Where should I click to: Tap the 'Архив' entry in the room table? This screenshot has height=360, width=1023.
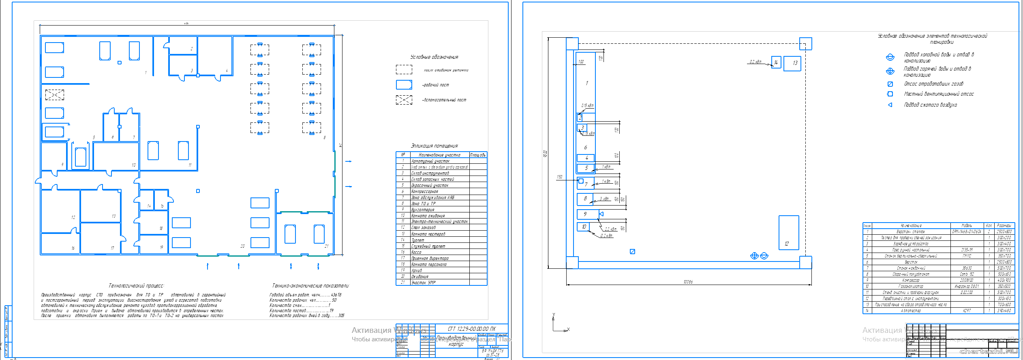pyautogui.click(x=417, y=270)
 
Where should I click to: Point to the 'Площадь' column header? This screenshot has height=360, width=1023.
pyautogui.click(x=478, y=155)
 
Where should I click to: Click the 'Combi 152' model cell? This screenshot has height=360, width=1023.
pyautogui.click(x=967, y=274)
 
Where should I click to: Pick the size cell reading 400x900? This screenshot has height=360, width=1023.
pyautogui.click(x=1004, y=281)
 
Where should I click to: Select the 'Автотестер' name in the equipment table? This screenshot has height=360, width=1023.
pyautogui.click(x=911, y=311)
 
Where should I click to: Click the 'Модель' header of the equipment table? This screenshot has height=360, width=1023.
pyautogui.click(x=967, y=225)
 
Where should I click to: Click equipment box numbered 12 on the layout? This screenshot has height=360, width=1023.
pyautogui.click(x=788, y=232)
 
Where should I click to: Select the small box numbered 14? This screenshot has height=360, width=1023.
pyautogui.click(x=776, y=62)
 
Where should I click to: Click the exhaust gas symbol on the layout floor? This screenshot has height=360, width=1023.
pyautogui.click(x=632, y=252)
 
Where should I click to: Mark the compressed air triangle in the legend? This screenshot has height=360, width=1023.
pyautogui.click(x=890, y=105)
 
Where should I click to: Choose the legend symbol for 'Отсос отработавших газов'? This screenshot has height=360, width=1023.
pyautogui.click(x=890, y=84)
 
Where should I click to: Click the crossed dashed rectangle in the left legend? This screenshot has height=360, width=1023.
pyautogui.click(x=404, y=100)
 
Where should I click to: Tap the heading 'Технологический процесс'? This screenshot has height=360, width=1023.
pyautogui.click(x=136, y=286)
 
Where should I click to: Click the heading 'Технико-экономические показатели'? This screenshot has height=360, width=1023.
pyautogui.click(x=310, y=286)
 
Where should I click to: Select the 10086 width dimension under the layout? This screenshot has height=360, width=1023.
pyautogui.click(x=688, y=282)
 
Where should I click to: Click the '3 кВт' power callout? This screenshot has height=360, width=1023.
pyautogui.click(x=604, y=199)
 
